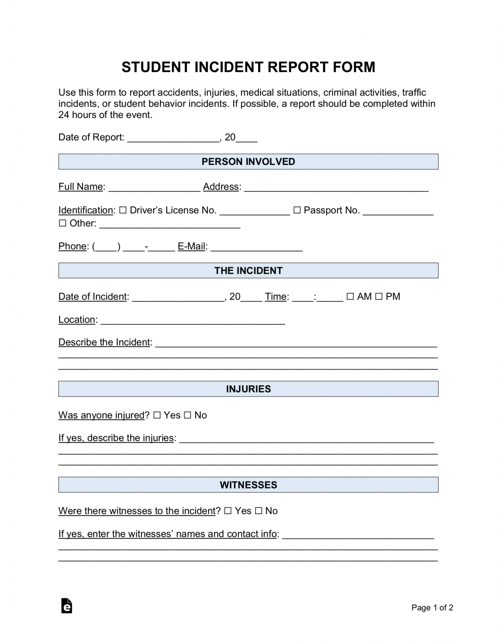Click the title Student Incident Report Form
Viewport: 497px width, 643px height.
[x=248, y=67]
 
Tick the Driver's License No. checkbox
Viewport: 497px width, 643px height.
[x=123, y=210]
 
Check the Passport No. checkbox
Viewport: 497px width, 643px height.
[x=297, y=210]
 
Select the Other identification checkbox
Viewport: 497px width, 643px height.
[x=62, y=223]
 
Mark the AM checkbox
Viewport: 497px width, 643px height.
[x=350, y=296]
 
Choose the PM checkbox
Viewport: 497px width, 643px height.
[x=379, y=296]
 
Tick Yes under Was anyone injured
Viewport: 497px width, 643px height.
[x=157, y=415]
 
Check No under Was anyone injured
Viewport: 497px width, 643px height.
[x=187, y=415]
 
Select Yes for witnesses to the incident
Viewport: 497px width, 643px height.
[x=228, y=511]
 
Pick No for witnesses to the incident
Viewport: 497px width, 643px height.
[x=258, y=511]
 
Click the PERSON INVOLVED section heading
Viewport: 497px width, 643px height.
[x=248, y=162]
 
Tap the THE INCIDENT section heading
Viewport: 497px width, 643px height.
[x=248, y=270]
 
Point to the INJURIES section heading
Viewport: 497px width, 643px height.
[x=248, y=389]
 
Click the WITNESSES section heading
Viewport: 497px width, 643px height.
[x=248, y=485]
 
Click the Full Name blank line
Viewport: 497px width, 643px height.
[x=154, y=188]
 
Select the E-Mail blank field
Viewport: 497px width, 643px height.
[x=256, y=247]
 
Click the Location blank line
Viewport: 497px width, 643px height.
[x=193, y=320]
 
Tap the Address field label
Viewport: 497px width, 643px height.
[x=221, y=187]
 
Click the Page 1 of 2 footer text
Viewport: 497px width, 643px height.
[x=432, y=607]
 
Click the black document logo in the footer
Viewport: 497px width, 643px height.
[x=67, y=606]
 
